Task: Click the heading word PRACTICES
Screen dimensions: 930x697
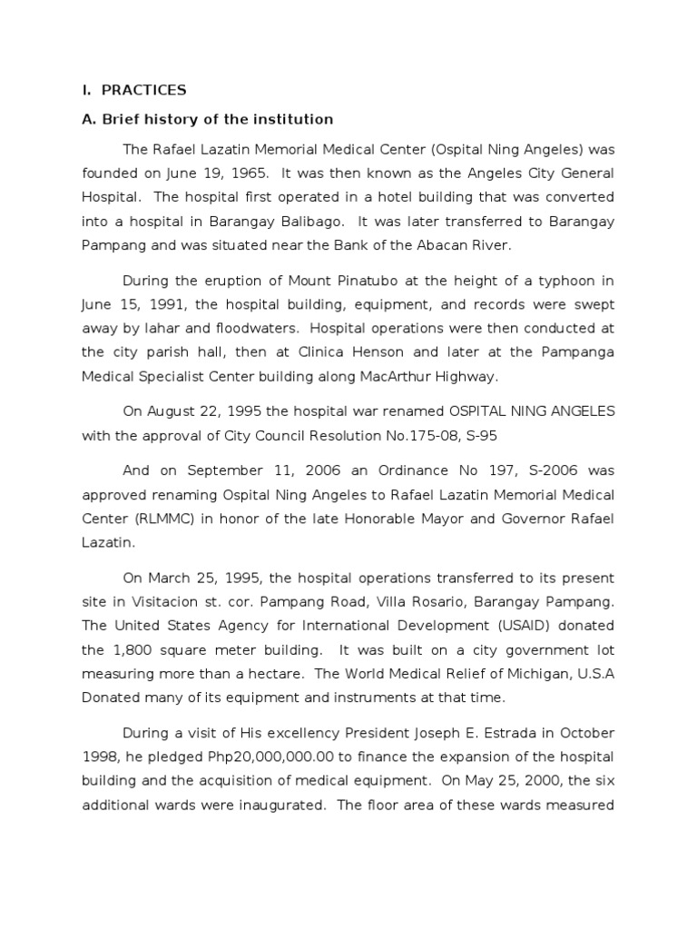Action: [x=143, y=90]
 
